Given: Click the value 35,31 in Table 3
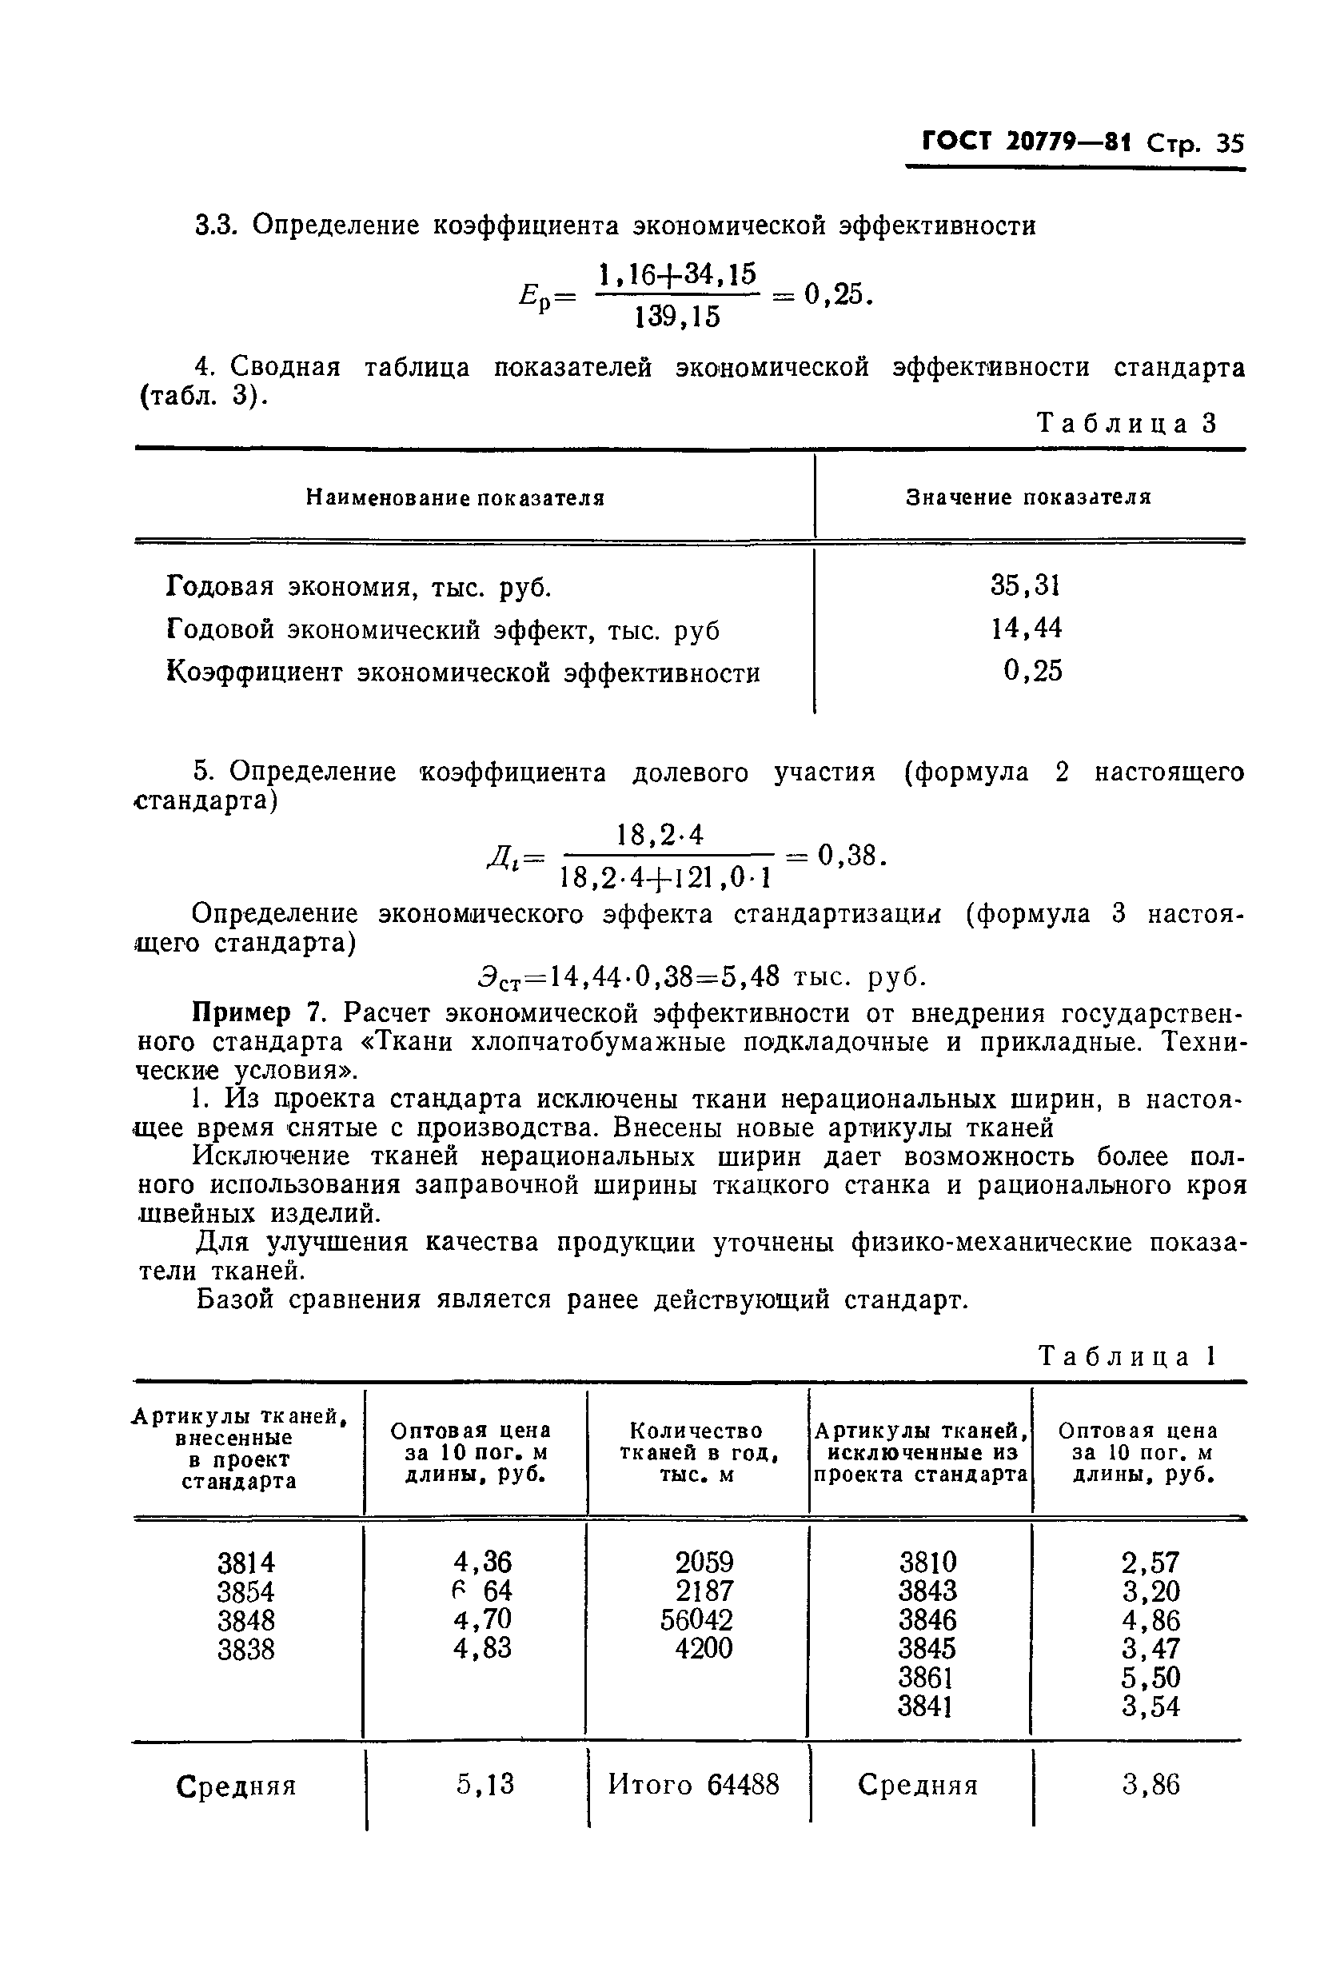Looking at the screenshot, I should click(x=1026, y=585).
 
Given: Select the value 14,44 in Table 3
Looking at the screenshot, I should click(x=1026, y=629).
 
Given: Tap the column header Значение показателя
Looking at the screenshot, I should click(x=1028, y=497).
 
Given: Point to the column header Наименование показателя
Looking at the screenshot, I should click(x=455, y=498).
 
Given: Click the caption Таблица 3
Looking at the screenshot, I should click(x=1127, y=422).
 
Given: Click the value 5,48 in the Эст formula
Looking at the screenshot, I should click(x=750, y=977).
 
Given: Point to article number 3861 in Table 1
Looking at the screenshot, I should click(x=927, y=1678).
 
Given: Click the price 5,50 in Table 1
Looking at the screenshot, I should click(x=1151, y=1678).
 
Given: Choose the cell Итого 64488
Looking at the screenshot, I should click(x=693, y=1786).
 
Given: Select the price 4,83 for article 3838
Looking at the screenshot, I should click(x=482, y=1649).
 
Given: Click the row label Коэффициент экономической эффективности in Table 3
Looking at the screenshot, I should click(x=462, y=673).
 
